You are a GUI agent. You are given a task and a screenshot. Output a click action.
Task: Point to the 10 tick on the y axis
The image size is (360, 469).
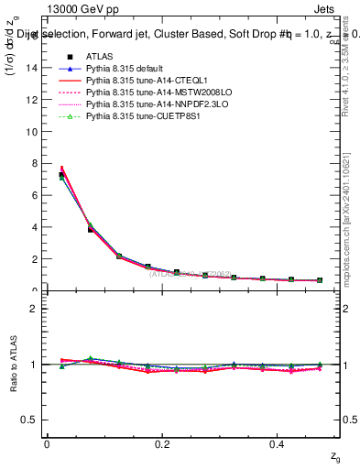[x=36, y=131]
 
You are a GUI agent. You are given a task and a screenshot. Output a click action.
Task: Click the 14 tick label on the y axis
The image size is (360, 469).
[x=36, y=68]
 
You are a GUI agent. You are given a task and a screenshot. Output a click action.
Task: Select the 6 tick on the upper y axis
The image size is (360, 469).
[x=38, y=195]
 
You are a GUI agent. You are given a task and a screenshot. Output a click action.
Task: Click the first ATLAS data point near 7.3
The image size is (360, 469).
[x=61, y=175]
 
